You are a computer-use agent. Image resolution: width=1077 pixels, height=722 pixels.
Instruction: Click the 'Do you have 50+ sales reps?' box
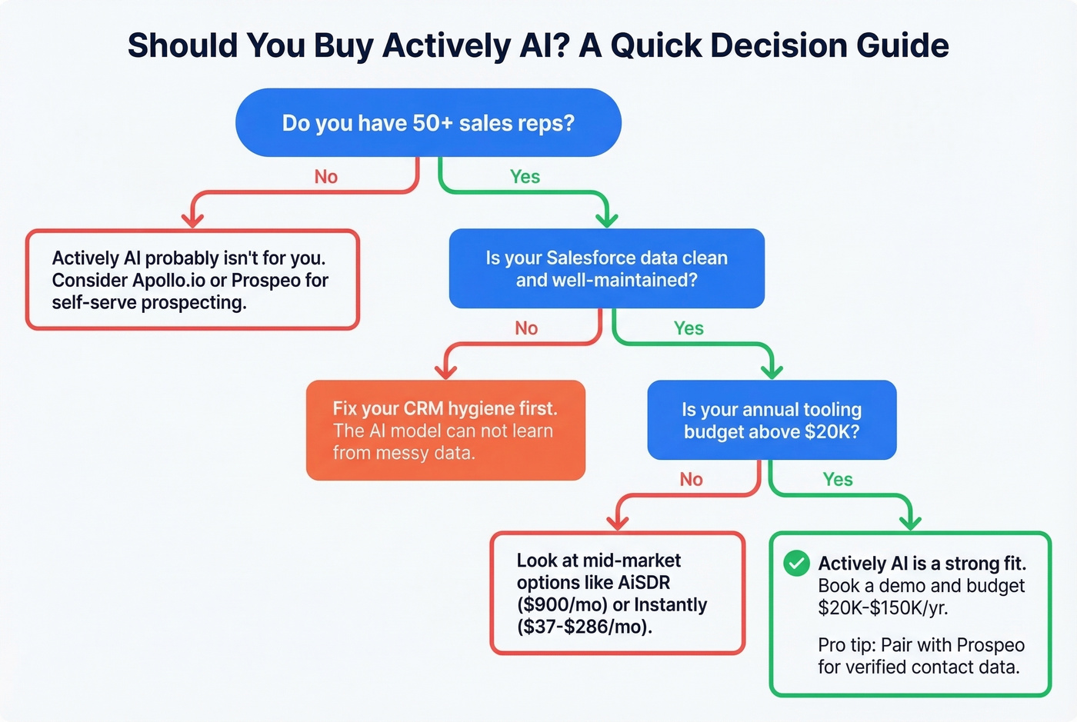[428, 123]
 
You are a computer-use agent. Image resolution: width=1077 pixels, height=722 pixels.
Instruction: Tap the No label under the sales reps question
[325, 177]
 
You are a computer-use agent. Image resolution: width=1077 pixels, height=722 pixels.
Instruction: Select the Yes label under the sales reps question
[525, 177]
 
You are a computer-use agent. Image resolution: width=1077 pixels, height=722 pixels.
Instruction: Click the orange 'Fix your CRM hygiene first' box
[445, 431]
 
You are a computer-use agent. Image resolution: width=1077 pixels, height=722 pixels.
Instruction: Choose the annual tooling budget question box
[772, 421]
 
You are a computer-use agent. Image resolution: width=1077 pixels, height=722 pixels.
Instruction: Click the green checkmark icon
[796, 564]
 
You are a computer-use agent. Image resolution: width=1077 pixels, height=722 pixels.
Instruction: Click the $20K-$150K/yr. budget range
[882, 608]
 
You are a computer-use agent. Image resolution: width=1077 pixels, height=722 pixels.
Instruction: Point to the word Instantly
[670, 605]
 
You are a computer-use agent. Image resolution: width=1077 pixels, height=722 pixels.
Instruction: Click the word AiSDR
[643, 583]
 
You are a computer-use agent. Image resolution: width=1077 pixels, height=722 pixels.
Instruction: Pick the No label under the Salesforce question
[526, 328]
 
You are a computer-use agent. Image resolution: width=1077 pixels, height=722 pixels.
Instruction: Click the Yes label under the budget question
[837, 480]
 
